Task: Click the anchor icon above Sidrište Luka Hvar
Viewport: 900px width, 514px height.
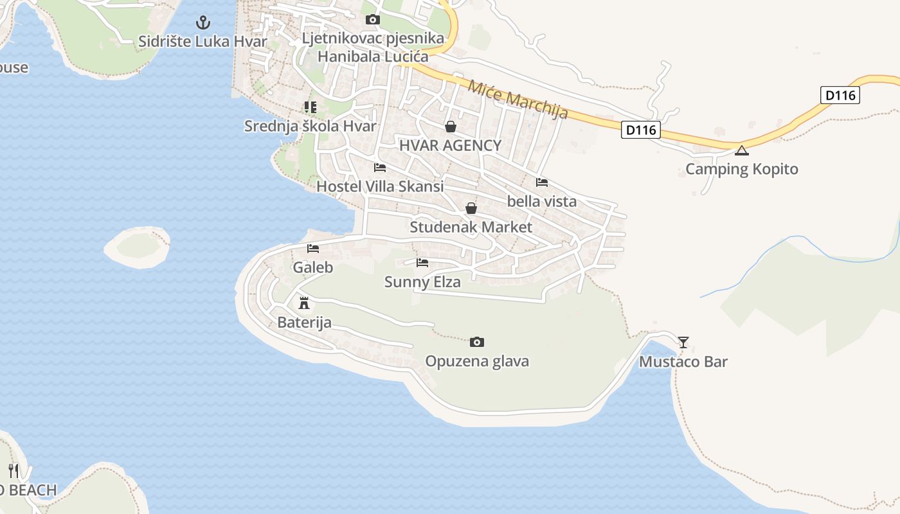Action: [203, 23]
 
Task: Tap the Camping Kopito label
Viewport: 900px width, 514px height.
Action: [741, 169]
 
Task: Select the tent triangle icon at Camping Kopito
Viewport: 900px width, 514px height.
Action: [742, 151]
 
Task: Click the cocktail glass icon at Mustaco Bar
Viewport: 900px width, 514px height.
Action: [683, 342]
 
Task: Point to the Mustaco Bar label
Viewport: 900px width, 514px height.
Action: [683, 362]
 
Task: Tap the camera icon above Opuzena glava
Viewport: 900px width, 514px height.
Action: [476, 342]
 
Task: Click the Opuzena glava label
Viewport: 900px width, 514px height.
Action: [477, 361]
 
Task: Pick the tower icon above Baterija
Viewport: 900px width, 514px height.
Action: [304, 303]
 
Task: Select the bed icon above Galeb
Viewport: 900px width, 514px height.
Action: [313, 249]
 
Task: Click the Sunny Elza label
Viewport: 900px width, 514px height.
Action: [422, 282]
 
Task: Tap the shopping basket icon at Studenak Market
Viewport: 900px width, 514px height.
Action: [471, 208]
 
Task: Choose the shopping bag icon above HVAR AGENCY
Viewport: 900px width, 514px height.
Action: [450, 127]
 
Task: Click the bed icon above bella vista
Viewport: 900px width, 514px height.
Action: [542, 182]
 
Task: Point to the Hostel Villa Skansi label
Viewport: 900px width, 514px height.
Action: [380, 187]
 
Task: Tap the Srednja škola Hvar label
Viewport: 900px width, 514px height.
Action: [310, 126]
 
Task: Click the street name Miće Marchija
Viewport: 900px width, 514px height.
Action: [517, 100]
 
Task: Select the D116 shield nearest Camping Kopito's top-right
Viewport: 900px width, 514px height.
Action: [840, 95]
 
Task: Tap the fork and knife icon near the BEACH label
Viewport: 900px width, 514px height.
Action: [14, 471]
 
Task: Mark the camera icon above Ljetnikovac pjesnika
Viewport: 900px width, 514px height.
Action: [372, 20]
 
